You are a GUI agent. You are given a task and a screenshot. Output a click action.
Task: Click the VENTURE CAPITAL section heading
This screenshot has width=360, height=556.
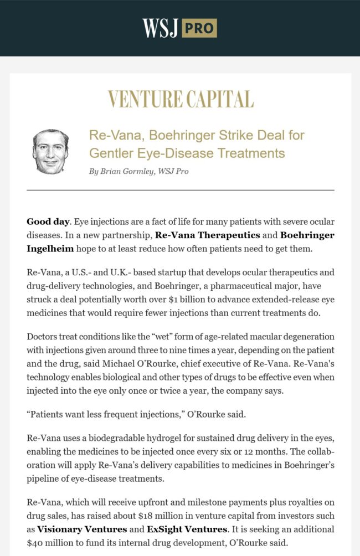coord(180,99)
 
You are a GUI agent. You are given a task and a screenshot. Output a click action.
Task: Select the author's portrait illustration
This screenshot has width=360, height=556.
coord(50,152)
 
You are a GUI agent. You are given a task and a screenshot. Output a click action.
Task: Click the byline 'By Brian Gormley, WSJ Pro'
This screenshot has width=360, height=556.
coord(138,171)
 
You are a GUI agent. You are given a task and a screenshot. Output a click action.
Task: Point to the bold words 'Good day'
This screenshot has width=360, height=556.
coord(48,222)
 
